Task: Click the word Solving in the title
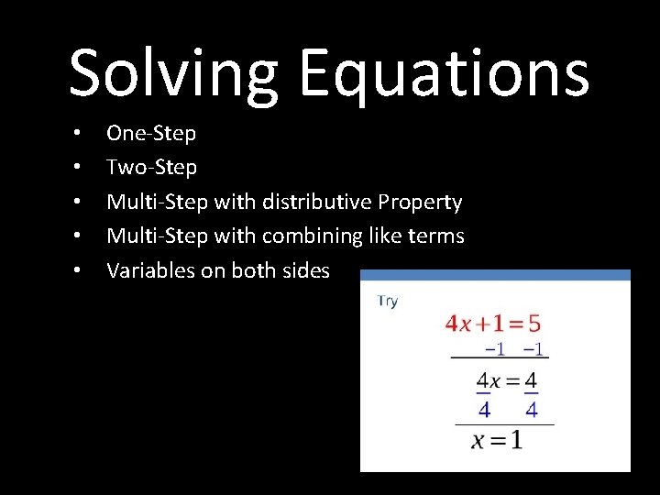click(x=173, y=73)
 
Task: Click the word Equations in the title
click(x=444, y=73)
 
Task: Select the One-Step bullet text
click(x=151, y=134)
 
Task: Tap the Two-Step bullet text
click(x=151, y=168)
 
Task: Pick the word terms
click(x=438, y=236)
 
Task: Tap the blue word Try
click(x=388, y=302)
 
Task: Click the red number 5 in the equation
click(x=533, y=324)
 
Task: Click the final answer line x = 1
click(x=498, y=441)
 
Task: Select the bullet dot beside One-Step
click(x=78, y=134)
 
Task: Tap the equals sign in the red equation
click(x=513, y=324)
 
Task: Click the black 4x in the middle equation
click(x=488, y=379)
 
